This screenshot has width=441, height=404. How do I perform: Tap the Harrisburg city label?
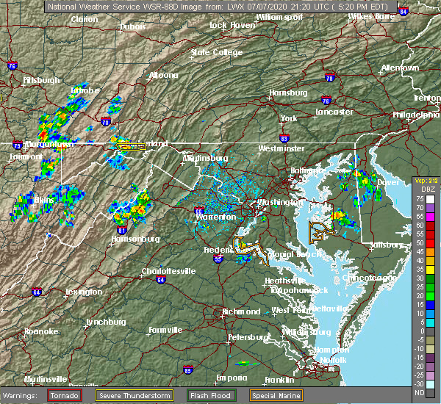[x=287, y=93]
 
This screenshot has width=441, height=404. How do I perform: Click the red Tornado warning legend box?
[x=65, y=395]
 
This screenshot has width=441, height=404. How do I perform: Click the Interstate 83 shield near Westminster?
[x=284, y=137]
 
